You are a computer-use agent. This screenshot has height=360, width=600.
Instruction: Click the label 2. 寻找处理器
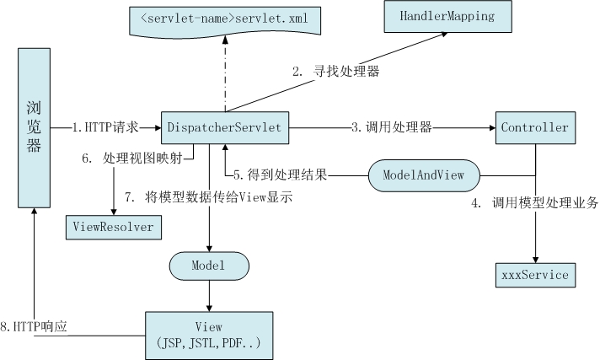coord(335,72)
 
